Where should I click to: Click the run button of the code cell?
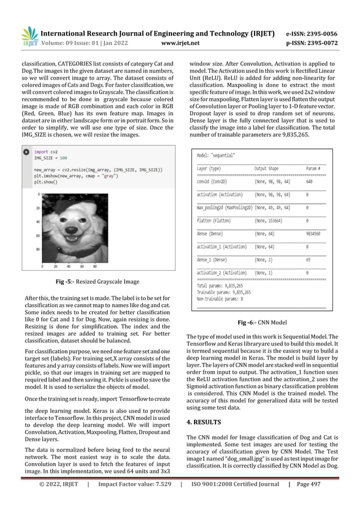[25, 152]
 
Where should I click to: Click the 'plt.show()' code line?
[46, 182]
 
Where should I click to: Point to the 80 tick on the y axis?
[37, 249]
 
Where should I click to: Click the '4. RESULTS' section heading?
[208, 422]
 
